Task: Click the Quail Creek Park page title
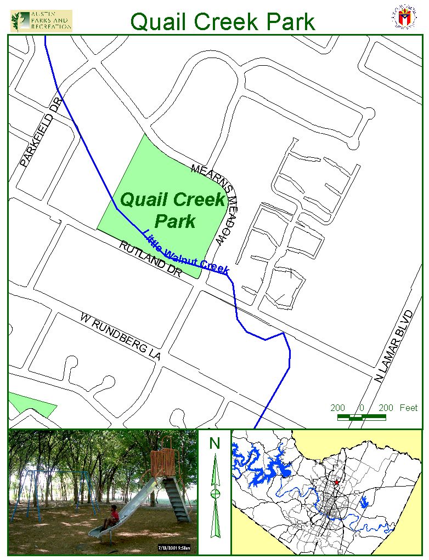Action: [223, 21]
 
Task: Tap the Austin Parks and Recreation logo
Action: [41, 20]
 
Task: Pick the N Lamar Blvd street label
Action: [393, 346]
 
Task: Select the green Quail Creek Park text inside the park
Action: [173, 210]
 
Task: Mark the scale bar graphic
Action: [361, 418]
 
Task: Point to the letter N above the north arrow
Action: [214, 443]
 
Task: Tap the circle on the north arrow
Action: [215, 494]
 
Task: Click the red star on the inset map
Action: [336, 483]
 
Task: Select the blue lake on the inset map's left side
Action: [263, 466]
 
